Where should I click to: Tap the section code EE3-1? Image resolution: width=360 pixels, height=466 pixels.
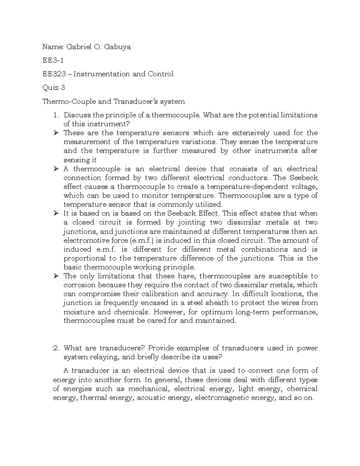coord(53,60)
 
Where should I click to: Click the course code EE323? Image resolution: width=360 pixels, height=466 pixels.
coord(54,74)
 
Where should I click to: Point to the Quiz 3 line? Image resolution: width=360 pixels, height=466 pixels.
coord(54,88)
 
